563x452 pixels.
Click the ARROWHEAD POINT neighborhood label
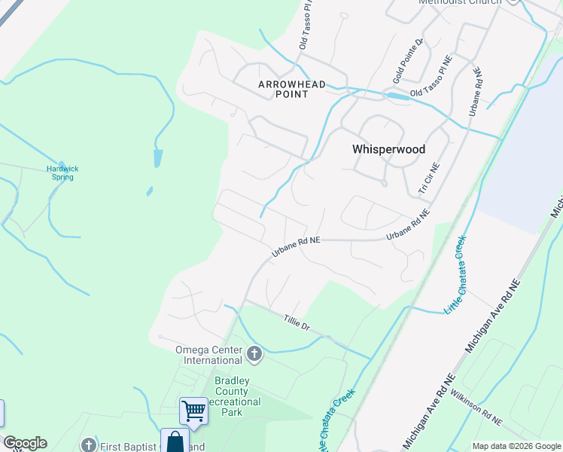[x=292, y=89]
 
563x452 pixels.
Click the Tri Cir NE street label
[x=428, y=179]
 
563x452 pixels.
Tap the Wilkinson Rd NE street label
[x=476, y=406]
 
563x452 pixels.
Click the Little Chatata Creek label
[x=455, y=274]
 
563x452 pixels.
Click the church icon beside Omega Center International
[x=254, y=353]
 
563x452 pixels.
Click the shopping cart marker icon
[x=193, y=411]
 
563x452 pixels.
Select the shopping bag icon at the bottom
[x=175, y=441]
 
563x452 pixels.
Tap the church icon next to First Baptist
[x=89, y=445]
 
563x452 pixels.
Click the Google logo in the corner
[x=25, y=443]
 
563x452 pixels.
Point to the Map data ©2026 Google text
[x=516, y=446]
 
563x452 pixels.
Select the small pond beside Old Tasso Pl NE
[x=398, y=96]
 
